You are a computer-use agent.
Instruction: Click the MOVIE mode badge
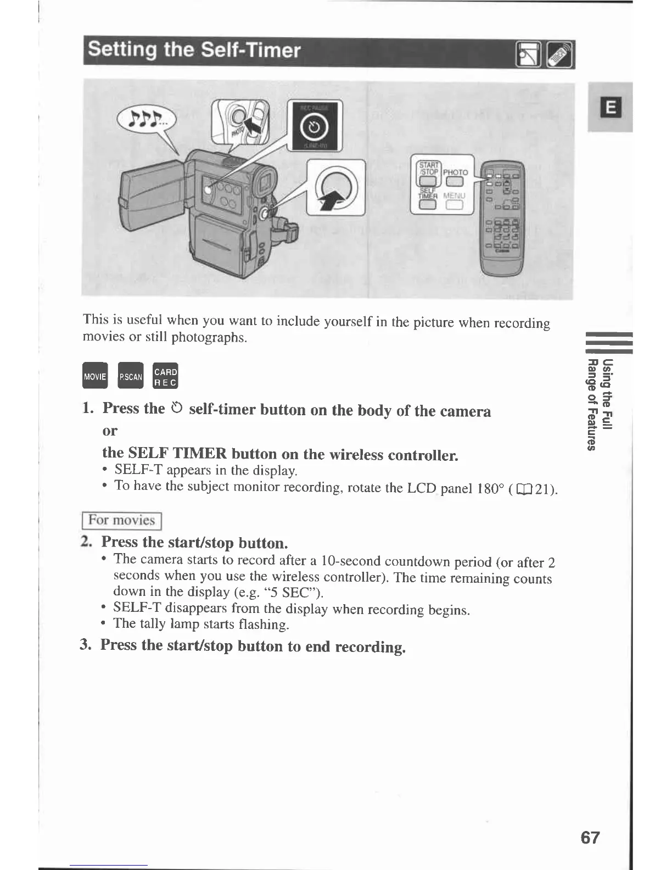click(94, 376)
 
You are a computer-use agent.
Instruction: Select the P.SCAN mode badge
click(131, 376)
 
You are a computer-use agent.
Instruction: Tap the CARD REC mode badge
click(165, 376)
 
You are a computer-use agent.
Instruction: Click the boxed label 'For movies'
click(122, 520)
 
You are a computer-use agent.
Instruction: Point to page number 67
click(590, 838)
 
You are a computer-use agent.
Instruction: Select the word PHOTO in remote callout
click(455, 172)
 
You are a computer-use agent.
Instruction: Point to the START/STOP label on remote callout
click(429, 168)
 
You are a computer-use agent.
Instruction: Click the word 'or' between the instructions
click(110, 431)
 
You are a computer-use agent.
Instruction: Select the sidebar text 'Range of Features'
click(591, 404)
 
